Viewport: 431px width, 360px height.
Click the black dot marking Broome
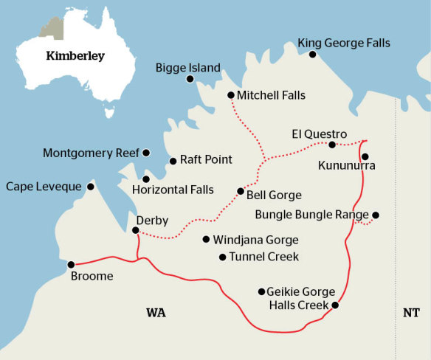pos(72,264)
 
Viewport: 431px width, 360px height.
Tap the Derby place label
pos(152,220)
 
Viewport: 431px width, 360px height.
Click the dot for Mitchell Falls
pos(231,95)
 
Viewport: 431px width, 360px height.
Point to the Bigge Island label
pos(187,68)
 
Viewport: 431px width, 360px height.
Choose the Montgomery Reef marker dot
pos(146,153)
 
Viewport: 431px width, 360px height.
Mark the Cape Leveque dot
pos(91,187)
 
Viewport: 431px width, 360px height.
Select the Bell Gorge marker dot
pos(240,191)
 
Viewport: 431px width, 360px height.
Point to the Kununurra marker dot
pos(365,156)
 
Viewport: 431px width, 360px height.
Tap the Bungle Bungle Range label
pos(311,215)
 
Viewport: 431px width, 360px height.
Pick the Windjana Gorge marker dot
pos(206,239)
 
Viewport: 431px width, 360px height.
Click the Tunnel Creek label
pos(263,257)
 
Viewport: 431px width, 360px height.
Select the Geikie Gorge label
pos(303,291)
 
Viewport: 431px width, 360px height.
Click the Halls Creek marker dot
pos(335,305)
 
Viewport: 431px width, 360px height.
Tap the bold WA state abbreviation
pos(155,314)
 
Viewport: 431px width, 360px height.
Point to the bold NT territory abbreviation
pos(411,314)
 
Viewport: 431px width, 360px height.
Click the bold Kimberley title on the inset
pos(75,55)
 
